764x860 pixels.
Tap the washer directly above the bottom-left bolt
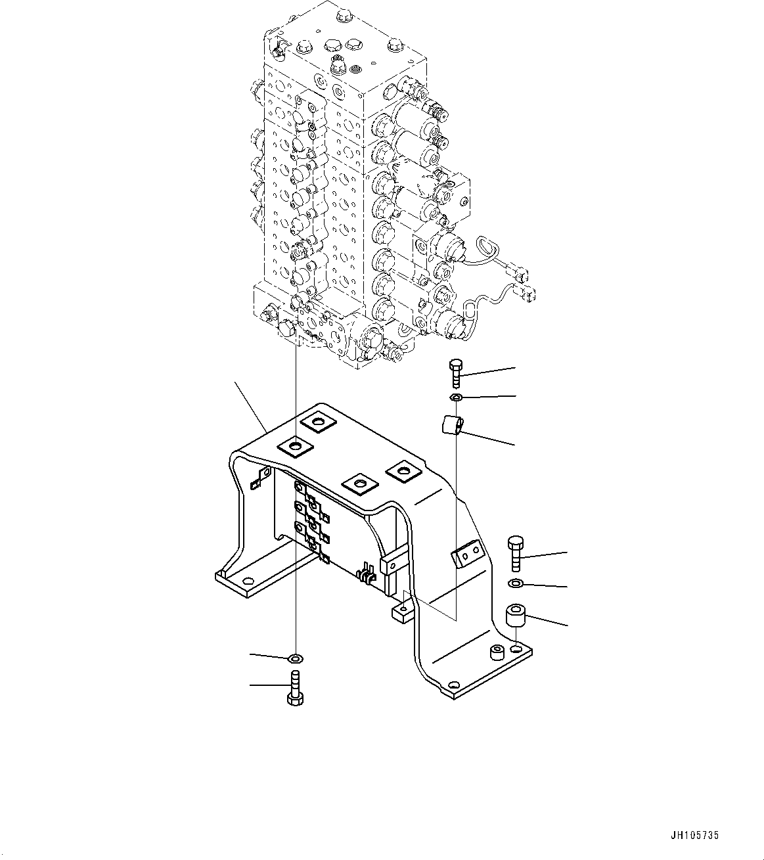pyautogui.click(x=296, y=657)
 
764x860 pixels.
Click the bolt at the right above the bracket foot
pyautogui.click(x=516, y=553)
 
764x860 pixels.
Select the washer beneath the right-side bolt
pyautogui.click(x=516, y=583)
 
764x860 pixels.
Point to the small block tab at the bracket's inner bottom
pyautogui.click(x=401, y=612)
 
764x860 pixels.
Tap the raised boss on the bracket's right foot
pyautogui.click(x=497, y=652)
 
